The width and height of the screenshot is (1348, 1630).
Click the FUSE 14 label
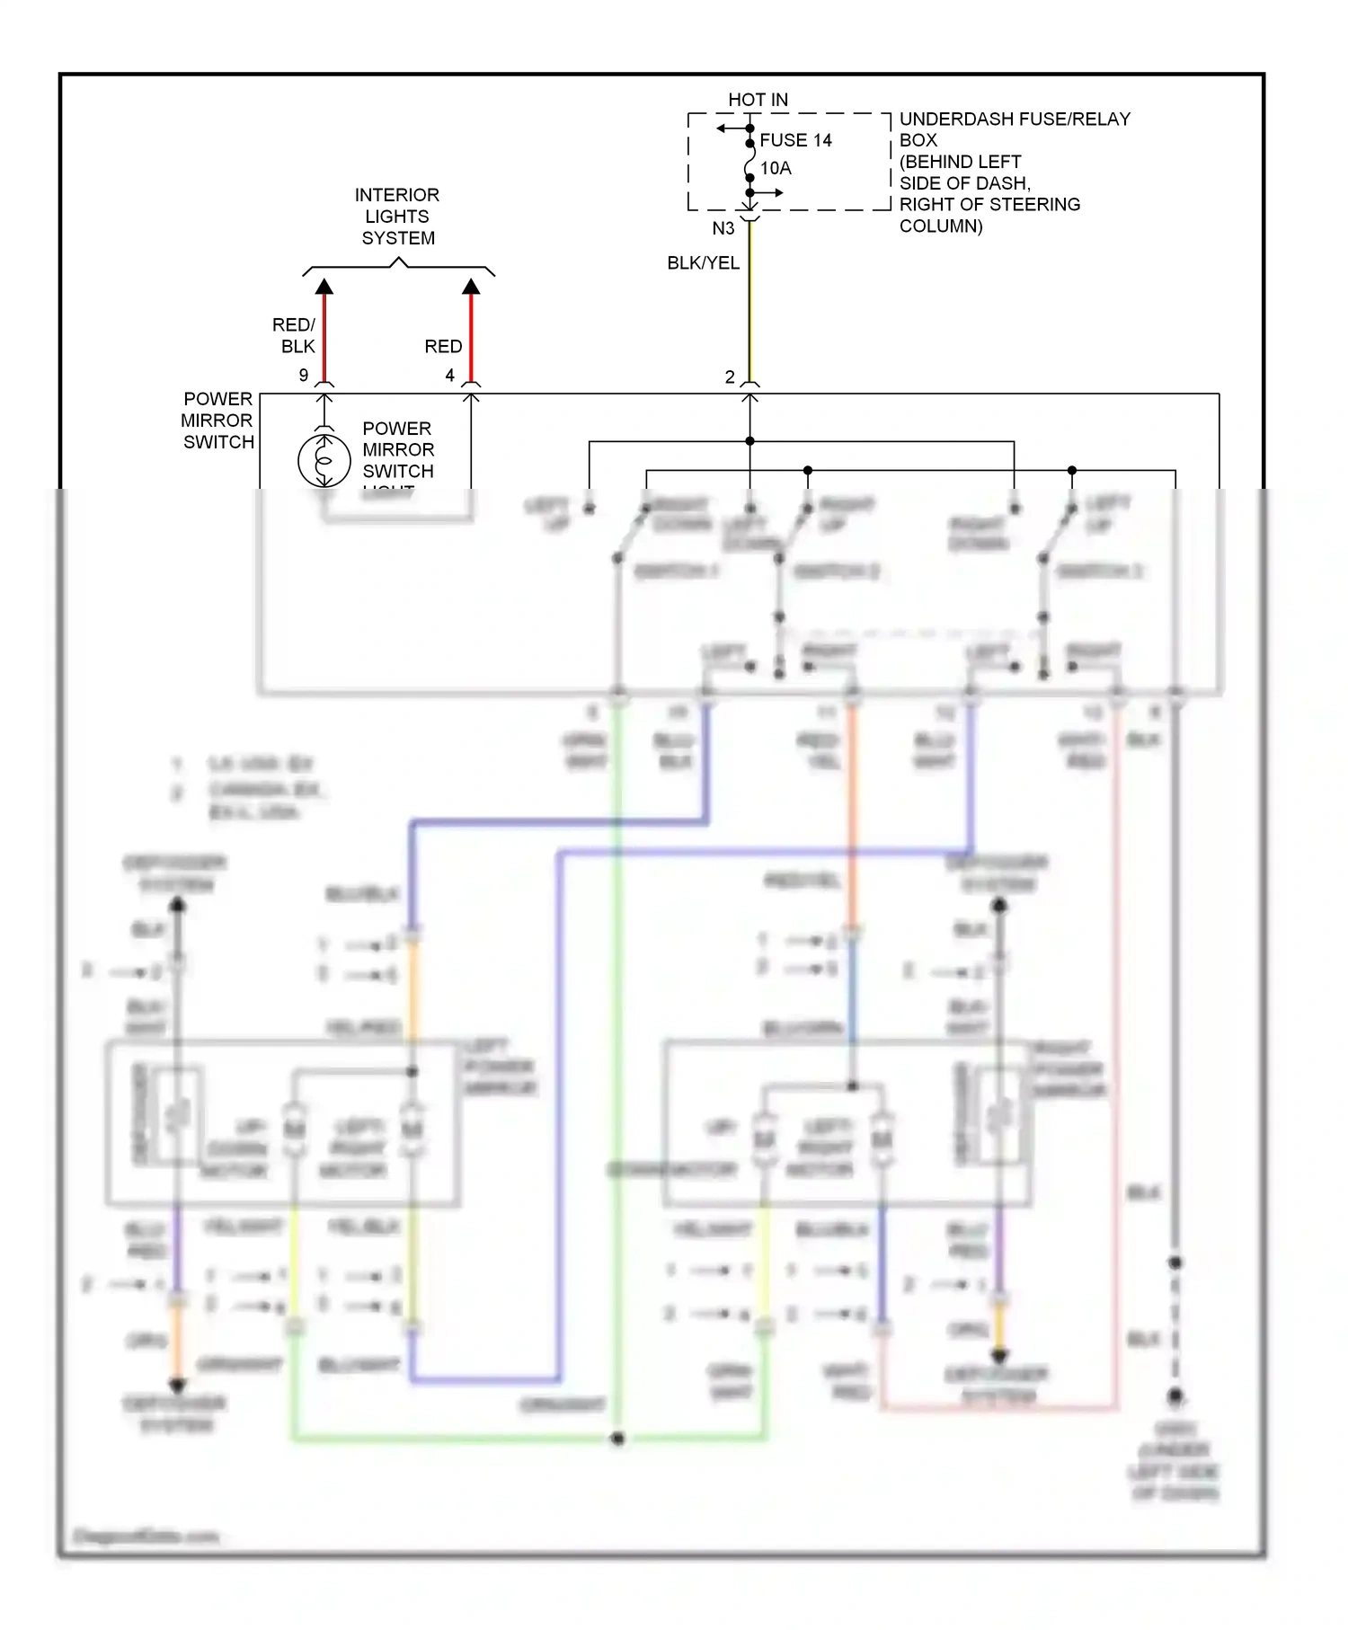click(795, 140)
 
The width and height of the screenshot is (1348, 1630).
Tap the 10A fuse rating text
click(776, 168)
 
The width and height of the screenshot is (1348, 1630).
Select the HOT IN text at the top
click(758, 100)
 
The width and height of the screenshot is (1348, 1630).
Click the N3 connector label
click(723, 228)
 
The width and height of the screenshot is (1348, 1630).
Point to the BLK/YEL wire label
click(703, 262)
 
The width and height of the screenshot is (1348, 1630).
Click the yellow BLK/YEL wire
click(750, 306)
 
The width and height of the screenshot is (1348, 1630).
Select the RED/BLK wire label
click(294, 335)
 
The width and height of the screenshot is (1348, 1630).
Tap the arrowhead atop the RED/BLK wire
click(324, 287)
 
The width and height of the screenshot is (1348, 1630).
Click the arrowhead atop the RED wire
click(471, 287)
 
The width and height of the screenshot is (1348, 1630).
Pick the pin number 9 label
click(304, 375)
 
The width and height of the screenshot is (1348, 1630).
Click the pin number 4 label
click(450, 375)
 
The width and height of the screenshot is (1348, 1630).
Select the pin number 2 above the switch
click(730, 376)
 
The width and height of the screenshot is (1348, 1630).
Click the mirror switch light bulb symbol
click(324, 460)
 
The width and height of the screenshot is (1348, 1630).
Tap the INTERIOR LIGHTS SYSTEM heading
click(397, 217)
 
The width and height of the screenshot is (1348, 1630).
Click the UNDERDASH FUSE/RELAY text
click(1015, 119)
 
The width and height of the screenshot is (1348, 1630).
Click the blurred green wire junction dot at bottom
click(617, 1439)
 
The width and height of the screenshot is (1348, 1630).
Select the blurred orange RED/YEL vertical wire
click(851, 809)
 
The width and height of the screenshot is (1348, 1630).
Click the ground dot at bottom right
click(1175, 1397)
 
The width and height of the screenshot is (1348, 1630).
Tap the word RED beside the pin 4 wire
click(443, 346)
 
